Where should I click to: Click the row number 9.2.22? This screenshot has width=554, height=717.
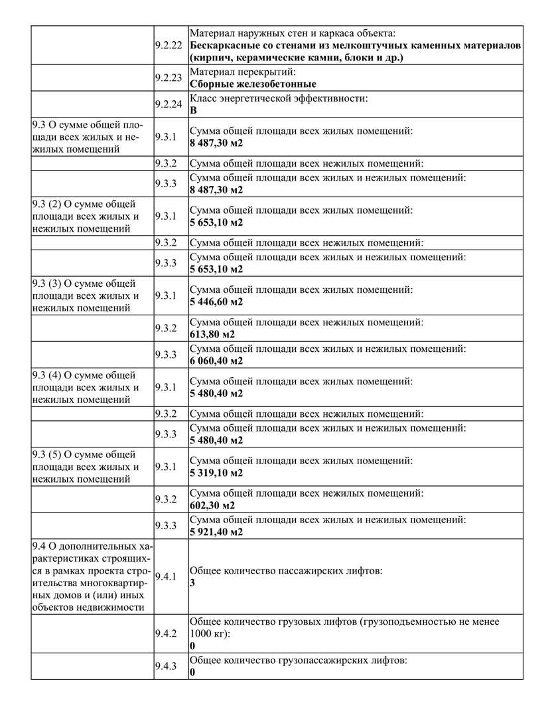[x=168, y=45]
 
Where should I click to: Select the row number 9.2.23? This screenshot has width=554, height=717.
[x=168, y=78]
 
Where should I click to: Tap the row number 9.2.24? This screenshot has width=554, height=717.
[x=168, y=104]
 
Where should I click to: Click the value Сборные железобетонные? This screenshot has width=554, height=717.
[x=253, y=84]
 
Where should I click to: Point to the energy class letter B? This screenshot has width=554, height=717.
[x=193, y=111]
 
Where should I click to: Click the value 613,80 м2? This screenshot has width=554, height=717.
[x=212, y=334]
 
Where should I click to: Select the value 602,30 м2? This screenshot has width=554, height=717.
[x=212, y=505]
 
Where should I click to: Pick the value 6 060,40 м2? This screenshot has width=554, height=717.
[x=216, y=360]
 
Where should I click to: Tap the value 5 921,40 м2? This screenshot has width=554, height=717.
[x=216, y=532]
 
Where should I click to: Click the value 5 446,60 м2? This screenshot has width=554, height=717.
[x=216, y=301]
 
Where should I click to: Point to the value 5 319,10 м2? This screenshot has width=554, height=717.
[x=216, y=473]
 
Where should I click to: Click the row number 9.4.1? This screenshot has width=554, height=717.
[x=165, y=576]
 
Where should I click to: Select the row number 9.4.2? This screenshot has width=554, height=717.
[x=165, y=633]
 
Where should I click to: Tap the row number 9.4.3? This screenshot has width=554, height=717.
[x=165, y=667]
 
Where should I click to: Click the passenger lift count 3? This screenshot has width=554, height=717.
[x=192, y=583]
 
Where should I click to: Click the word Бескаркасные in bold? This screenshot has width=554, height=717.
[x=226, y=45]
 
